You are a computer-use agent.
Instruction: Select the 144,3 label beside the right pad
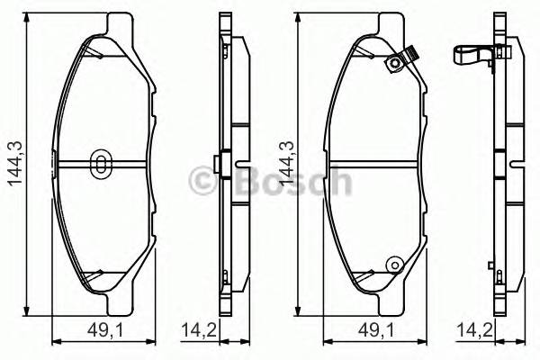tap(286, 162)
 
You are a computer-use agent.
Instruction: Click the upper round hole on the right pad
tap(392, 63)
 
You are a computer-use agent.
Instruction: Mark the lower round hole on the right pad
tap(392, 265)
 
